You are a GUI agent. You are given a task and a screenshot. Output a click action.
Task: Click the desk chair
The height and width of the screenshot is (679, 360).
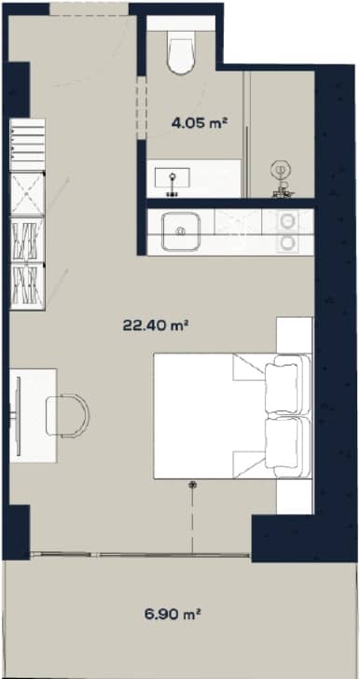tap(71, 412)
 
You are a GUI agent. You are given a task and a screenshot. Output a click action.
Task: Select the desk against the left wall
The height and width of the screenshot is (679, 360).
tap(34, 414)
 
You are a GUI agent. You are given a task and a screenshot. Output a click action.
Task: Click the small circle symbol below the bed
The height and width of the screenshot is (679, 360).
tap(193, 485)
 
